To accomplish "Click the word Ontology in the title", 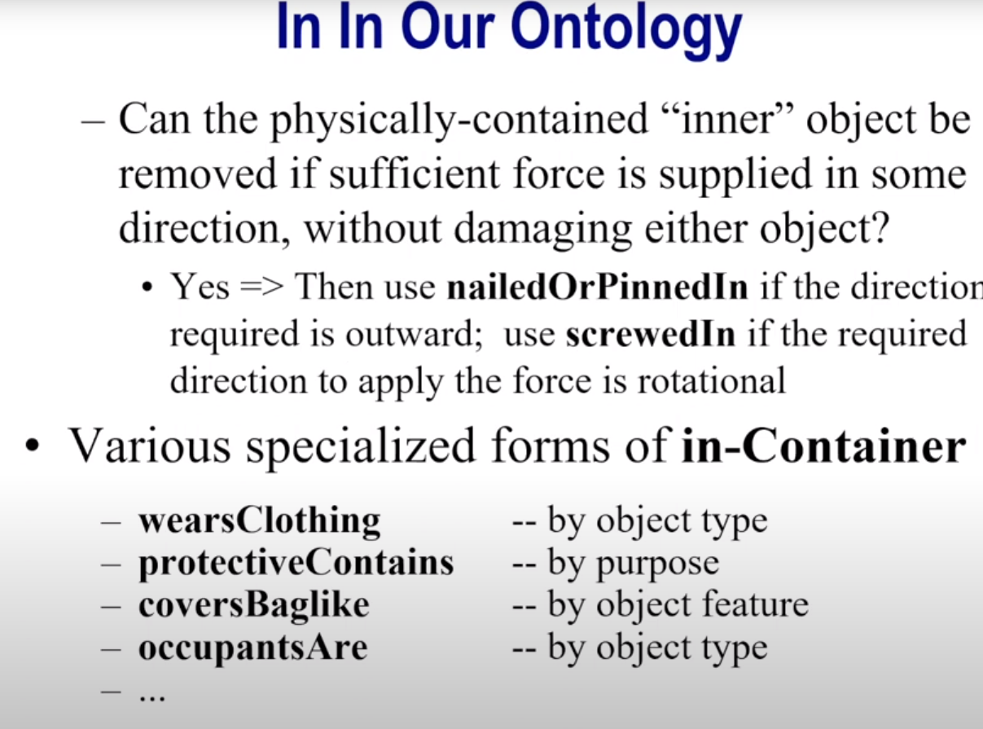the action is tap(625, 29).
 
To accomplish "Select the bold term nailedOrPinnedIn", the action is tap(598, 287).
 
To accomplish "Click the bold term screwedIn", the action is tap(650, 334).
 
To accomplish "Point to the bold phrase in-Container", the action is tap(823, 446).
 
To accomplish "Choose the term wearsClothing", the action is tap(260, 520).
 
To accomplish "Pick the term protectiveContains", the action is tap(296, 563).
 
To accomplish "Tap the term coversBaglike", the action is tap(254, 604).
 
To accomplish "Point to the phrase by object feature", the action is tap(678, 604).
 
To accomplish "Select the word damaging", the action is tap(543, 229).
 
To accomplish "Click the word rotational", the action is tap(712, 380).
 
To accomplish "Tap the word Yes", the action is tap(200, 287).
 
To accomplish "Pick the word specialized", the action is tap(361, 446).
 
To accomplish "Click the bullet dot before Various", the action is tap(33, 445).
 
